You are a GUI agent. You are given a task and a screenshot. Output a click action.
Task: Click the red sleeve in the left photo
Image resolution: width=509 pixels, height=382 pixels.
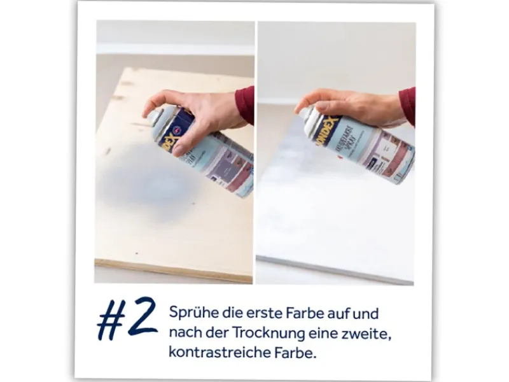pos(245,104)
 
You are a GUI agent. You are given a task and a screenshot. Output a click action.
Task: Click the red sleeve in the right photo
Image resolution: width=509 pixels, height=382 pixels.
pos(407,106)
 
